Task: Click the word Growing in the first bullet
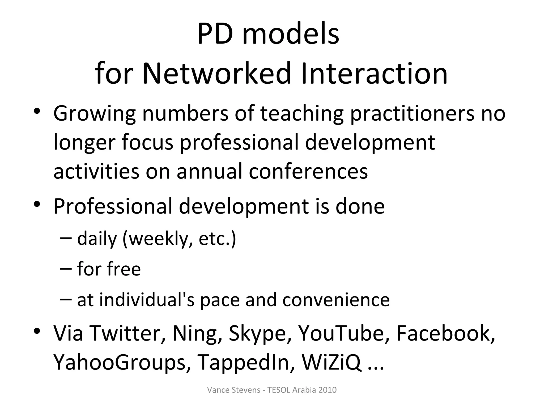tap(95, 114)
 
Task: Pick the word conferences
tap(308, 172)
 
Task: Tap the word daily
tap(97, 239)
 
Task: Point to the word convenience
tap(336, 300)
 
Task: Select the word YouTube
tap(341, 333)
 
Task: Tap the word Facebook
tap(445, 333)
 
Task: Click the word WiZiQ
tap(331, 362)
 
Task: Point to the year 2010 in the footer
tap(327, 390)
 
